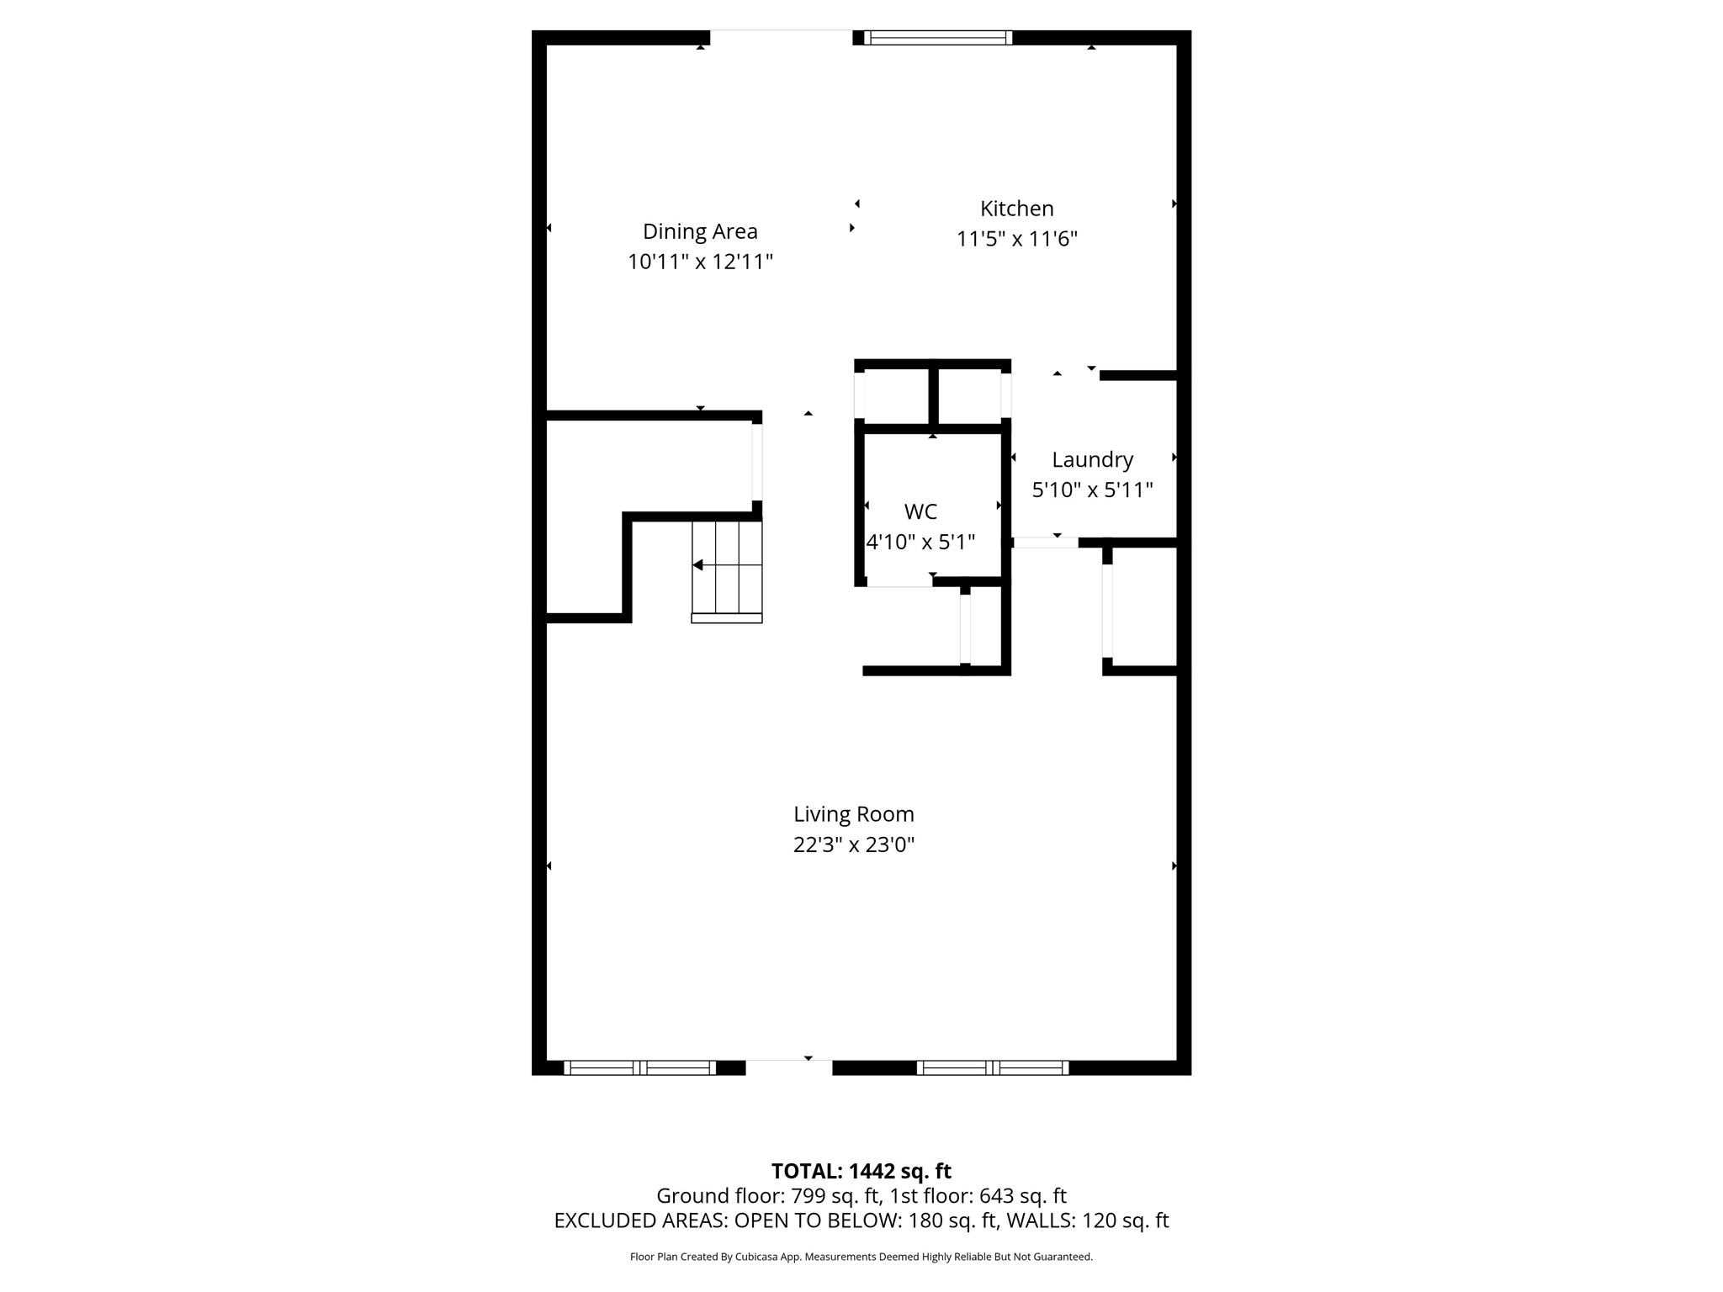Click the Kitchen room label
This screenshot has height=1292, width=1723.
pyautogui.click(x=1016, y=209)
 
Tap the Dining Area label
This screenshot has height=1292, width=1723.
pyautogui.click(x=700, y=231)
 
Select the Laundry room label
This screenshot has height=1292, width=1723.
pyautogui.click(x=1092, y=459)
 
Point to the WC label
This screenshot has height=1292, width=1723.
pyautogui.click(x=920, y=511)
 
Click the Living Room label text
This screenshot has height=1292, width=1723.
pyautogui.click(x=853, y=814)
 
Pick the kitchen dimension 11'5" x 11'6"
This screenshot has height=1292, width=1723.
pyautogui.click(x=1016, y=239)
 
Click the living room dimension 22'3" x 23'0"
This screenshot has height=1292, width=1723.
pyautogui.click(x=853, y=845)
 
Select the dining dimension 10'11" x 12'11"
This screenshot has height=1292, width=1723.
pyautogui.click(x=700, y=262)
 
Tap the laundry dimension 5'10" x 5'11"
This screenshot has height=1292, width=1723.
pyautogui.click(x=1092, y=490)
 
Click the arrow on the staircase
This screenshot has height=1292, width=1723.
pyautogui.click(x=698, y=565)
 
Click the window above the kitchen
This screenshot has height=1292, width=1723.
pyautogui.click(x=937, y=38)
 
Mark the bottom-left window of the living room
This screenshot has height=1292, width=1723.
pyautogui.click(x=639, y=1067)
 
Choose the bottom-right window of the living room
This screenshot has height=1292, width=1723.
pyautogui.click(x=993, y=1067)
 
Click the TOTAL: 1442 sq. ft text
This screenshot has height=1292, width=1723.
pyautogui.click(x=861, y=1171)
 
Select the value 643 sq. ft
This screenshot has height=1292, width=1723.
pyautogui.click(x=1023, y=1196)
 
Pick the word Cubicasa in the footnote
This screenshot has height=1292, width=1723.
pyautogui.click(x=754, y=1257)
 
